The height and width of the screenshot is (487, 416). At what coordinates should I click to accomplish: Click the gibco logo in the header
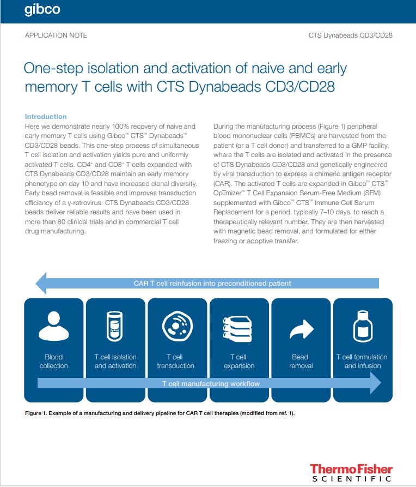(42, 10)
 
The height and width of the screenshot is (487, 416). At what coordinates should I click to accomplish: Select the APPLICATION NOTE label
(56, 35)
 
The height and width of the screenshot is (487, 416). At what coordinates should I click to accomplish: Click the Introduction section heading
(46, 117)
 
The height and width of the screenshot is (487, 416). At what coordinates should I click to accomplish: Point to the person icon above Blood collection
(53, 327)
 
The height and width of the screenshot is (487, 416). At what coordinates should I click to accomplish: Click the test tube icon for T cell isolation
(115, 327)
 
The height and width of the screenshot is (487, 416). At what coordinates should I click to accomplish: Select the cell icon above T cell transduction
(178, 327)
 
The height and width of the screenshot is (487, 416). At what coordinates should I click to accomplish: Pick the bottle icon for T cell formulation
(362, 327)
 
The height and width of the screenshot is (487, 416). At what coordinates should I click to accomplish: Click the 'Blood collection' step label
(53, 362)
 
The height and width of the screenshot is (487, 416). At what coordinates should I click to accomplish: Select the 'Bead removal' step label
(301, 362)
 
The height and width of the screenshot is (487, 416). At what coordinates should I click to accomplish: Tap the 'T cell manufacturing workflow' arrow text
(211, 384)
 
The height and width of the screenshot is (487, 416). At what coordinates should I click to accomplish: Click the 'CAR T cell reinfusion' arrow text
(212, 284)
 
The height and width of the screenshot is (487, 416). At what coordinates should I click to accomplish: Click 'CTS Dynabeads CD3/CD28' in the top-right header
(350, 35)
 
